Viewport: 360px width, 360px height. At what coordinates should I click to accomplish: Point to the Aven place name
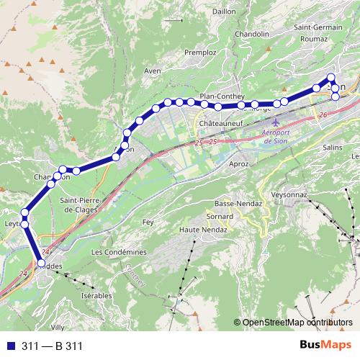point(153,71)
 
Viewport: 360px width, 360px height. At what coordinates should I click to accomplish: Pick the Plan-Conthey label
point(223,96)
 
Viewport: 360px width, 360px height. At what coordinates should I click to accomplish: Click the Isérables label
point(96,296)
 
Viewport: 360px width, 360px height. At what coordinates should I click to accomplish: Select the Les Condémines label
point(119,252)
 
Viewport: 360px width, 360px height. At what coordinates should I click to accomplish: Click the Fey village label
point(148,223)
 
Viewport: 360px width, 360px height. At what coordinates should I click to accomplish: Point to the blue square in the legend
point(10,346)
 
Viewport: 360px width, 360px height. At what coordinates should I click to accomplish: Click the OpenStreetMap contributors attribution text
point(297,323)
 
